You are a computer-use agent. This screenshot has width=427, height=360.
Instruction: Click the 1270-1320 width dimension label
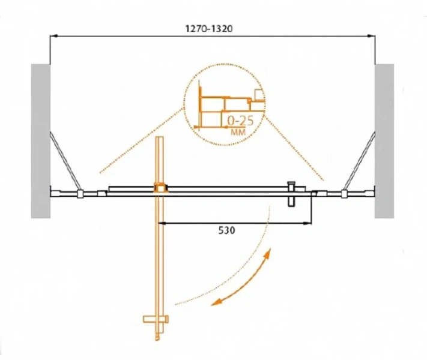(x=209, y=29)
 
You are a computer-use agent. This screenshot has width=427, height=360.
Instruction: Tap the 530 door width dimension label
(x=226, y=230)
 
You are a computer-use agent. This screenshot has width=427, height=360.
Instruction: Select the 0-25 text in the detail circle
(x=240, y=121)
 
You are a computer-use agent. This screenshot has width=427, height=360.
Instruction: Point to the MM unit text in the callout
(x=238, y=132)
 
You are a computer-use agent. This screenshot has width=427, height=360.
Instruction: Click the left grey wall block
(x=41, y=141)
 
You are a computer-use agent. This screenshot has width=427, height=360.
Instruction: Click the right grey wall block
(x=384, y=141)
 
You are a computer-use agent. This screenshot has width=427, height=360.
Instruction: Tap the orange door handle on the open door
(x=156, y=319)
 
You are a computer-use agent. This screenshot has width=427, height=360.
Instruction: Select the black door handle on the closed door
(x=291, y=194)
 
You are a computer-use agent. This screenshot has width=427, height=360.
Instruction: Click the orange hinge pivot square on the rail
(x=161, y=188)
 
